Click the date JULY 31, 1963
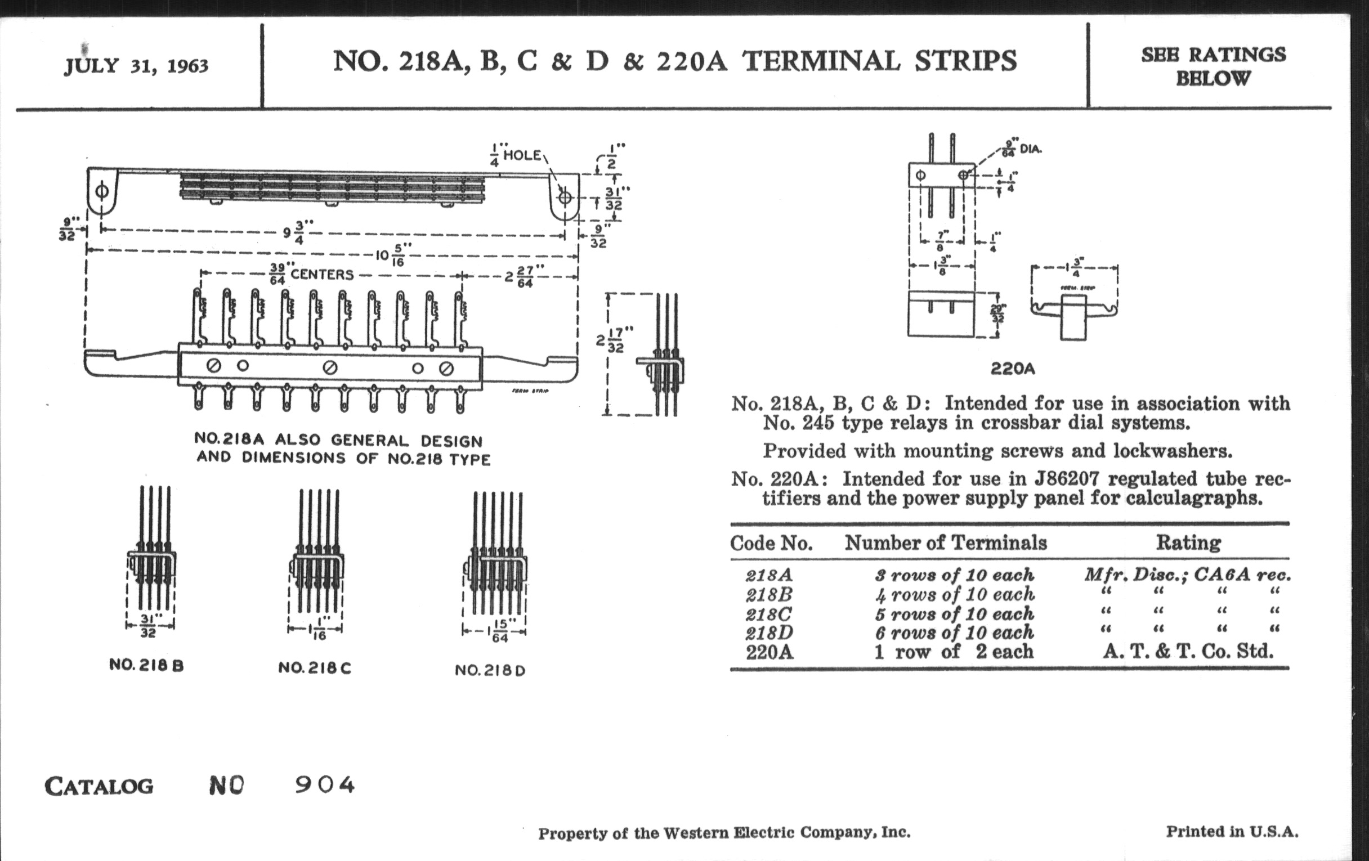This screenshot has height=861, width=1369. [136, 66]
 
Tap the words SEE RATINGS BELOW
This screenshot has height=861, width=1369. [1213, 66]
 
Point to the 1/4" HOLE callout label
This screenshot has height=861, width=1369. [516, 156]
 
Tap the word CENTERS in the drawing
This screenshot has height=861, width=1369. [322, 275]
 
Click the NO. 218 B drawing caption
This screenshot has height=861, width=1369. [146, 666]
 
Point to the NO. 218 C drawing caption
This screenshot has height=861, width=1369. [315, 668]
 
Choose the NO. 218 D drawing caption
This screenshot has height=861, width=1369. [490, 671]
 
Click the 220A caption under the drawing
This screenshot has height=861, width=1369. [1012, 369]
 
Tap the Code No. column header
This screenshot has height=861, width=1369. [771, 543]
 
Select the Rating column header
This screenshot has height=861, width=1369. [1188, 542]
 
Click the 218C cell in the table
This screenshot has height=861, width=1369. [768, 614]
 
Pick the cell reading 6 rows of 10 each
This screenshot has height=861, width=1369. [954, 633]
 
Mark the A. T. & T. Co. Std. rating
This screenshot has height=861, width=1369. [1188, 651]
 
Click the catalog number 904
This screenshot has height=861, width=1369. [325, 786]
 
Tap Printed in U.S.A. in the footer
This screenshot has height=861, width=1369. [1232, 831]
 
